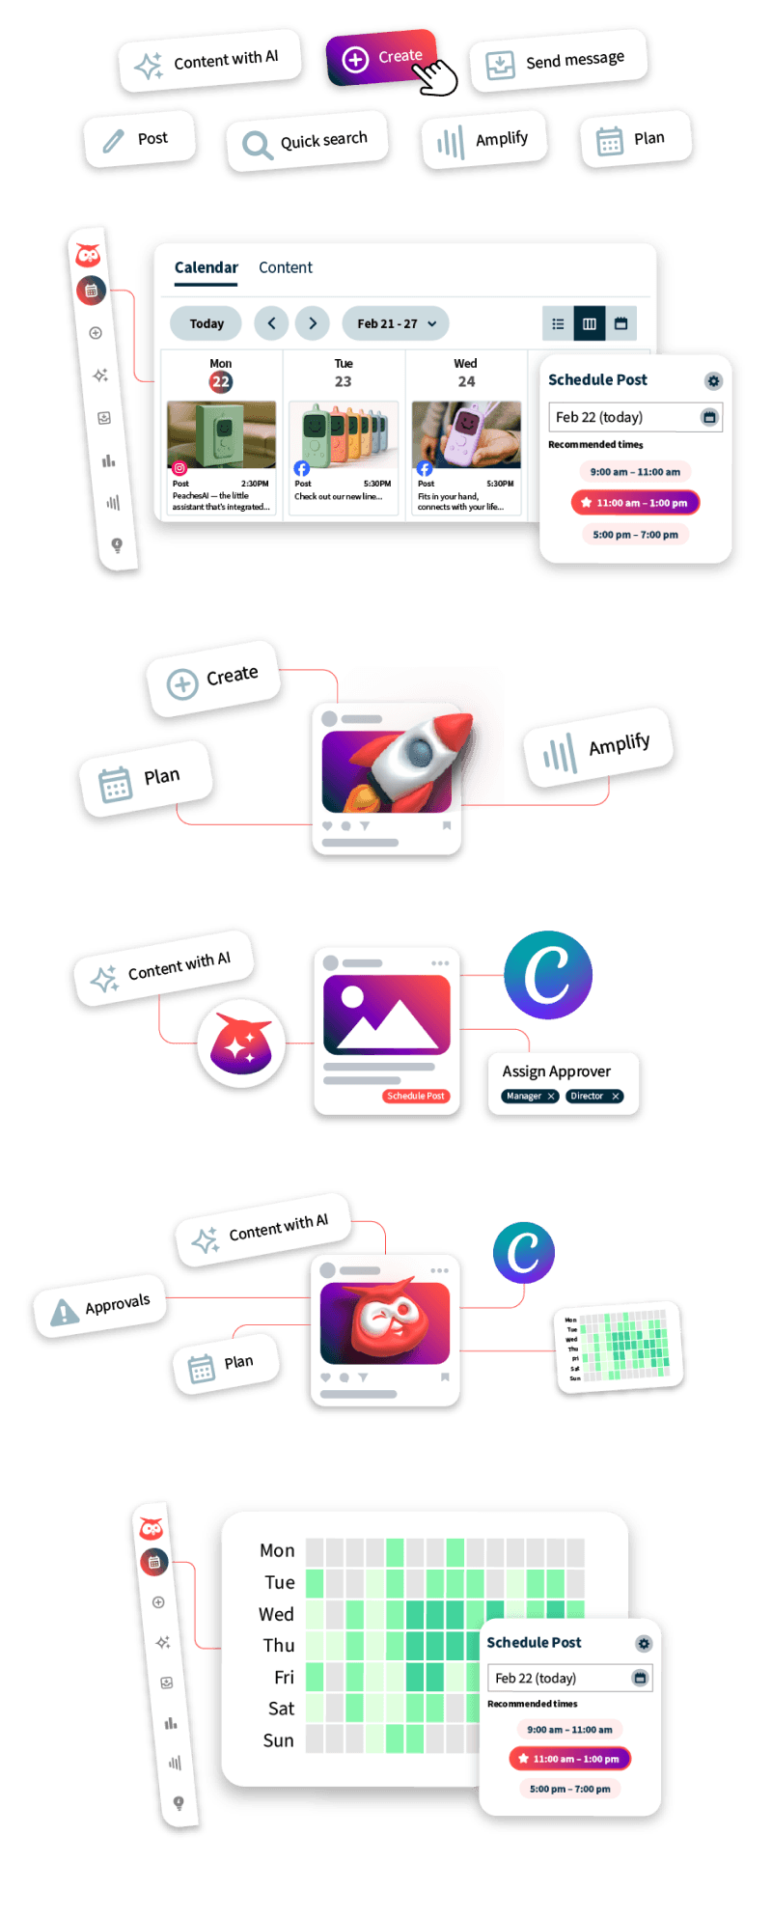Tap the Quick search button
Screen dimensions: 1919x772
click(x=306, y=143)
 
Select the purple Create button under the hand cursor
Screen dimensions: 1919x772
click(x=382, y=58)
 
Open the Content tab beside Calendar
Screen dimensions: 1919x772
click(x=285, y=267)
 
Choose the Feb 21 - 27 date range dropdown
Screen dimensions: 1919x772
click(x=396, y=323)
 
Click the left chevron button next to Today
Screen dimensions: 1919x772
click(x=271, y=323)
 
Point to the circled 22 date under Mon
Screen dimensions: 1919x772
click(x=221, y=381)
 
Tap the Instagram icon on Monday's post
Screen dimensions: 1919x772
click(x=179, y=468)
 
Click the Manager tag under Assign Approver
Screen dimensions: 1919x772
click(x=530, y=1096)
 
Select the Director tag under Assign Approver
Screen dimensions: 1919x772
click(x=593, y=1096)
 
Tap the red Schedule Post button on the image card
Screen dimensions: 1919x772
click(x=416, y=1096)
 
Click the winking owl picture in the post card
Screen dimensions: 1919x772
click(x=385, y=1321)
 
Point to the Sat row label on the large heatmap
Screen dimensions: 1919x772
click(x=281, y=1709)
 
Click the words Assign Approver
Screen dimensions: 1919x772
click(x=556, y=1071)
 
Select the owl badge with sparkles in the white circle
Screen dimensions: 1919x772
click(x=241, y=1043)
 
